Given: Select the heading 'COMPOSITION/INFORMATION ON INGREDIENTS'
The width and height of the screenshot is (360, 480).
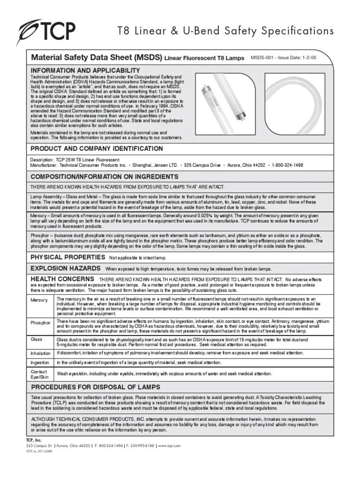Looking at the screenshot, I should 104,177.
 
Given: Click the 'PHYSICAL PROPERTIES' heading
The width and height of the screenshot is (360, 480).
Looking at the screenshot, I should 67,257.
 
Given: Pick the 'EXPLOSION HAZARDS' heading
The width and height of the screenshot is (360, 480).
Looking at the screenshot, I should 65,268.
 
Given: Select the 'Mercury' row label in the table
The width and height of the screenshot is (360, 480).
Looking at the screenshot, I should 39,300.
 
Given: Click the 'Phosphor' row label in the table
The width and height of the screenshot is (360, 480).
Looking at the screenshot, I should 40,322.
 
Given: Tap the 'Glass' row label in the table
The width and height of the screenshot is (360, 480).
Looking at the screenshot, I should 37,338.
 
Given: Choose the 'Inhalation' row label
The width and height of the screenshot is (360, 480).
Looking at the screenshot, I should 40,353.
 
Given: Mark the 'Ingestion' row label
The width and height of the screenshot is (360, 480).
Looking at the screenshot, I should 40,363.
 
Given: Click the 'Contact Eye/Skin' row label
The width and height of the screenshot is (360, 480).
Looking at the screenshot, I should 39,374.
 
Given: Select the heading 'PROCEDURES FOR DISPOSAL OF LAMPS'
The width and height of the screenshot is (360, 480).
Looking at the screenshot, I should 95,387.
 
